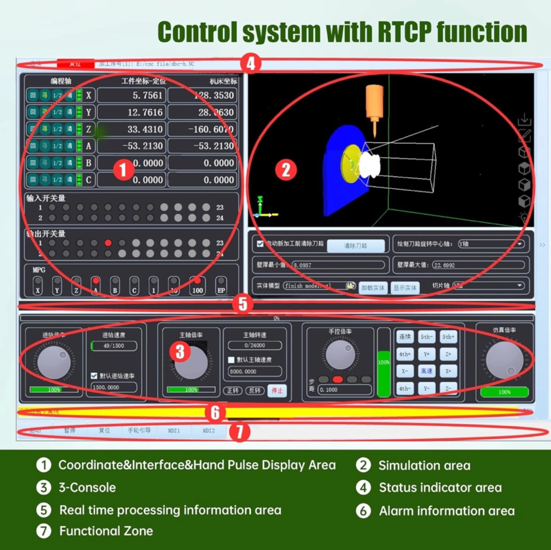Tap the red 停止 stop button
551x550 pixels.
(x=277, y=390)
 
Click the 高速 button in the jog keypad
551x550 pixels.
(x=426, y=371)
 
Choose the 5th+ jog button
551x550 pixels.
(x=448, y=337)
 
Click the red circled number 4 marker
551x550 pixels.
(x=251, y=63)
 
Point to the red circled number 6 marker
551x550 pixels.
(x=215, y=412)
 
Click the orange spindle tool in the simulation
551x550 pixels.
(x=374, y=101)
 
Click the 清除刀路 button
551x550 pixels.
(x=355, y=246)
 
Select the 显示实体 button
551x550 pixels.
(x=405, y=288)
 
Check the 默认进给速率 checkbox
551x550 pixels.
(x=94, y=376)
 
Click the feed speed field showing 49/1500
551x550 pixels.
(x=114, y=346)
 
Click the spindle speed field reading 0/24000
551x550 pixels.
(x=255, y=346)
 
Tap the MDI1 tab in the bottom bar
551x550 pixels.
(x=174, y=431)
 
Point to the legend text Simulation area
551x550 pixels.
(x=424, y=466)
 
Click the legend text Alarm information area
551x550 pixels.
(x=447, y=511)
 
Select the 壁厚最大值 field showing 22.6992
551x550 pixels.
(x=478, y=265)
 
